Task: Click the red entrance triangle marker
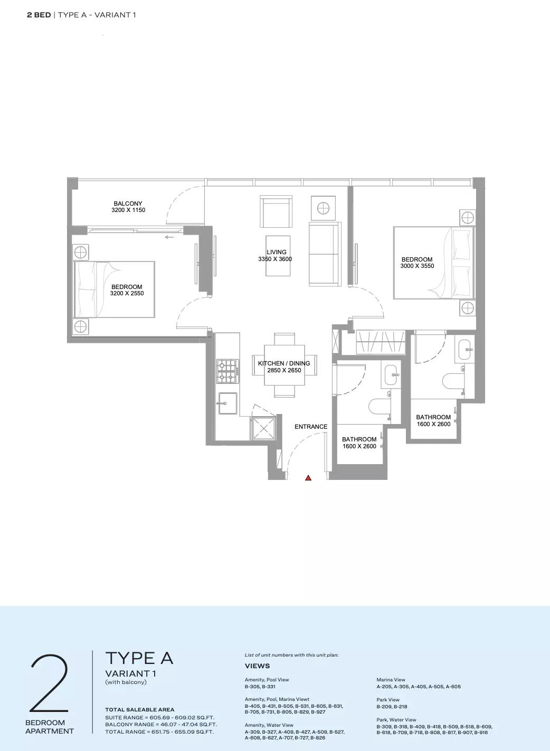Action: [x=308, y=478]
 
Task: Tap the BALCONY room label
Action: [x=128, y=204]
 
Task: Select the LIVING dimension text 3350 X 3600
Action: [x=275, y=259]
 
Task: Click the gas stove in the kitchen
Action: [x=228, y=371]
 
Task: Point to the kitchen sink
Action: [x=227, y=403]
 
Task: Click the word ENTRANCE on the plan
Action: [x=311, y=427]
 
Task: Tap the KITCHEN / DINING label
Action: [x=284, y=363]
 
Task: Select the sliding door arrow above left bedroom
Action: [x=169, y=237]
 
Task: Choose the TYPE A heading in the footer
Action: [x=139, y=658]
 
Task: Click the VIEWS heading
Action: [x=258, y=666]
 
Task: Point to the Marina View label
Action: [x=391, y=680]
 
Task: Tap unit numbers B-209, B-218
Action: [x=392, y=706]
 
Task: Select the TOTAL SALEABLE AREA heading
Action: [x=140, y=709]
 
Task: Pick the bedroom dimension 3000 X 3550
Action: [x=417, y=266]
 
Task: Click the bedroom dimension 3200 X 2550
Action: [x=127, y=293]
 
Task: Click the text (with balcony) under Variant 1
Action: [x=126, y=682]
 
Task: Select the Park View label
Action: [x=388, y=700]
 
